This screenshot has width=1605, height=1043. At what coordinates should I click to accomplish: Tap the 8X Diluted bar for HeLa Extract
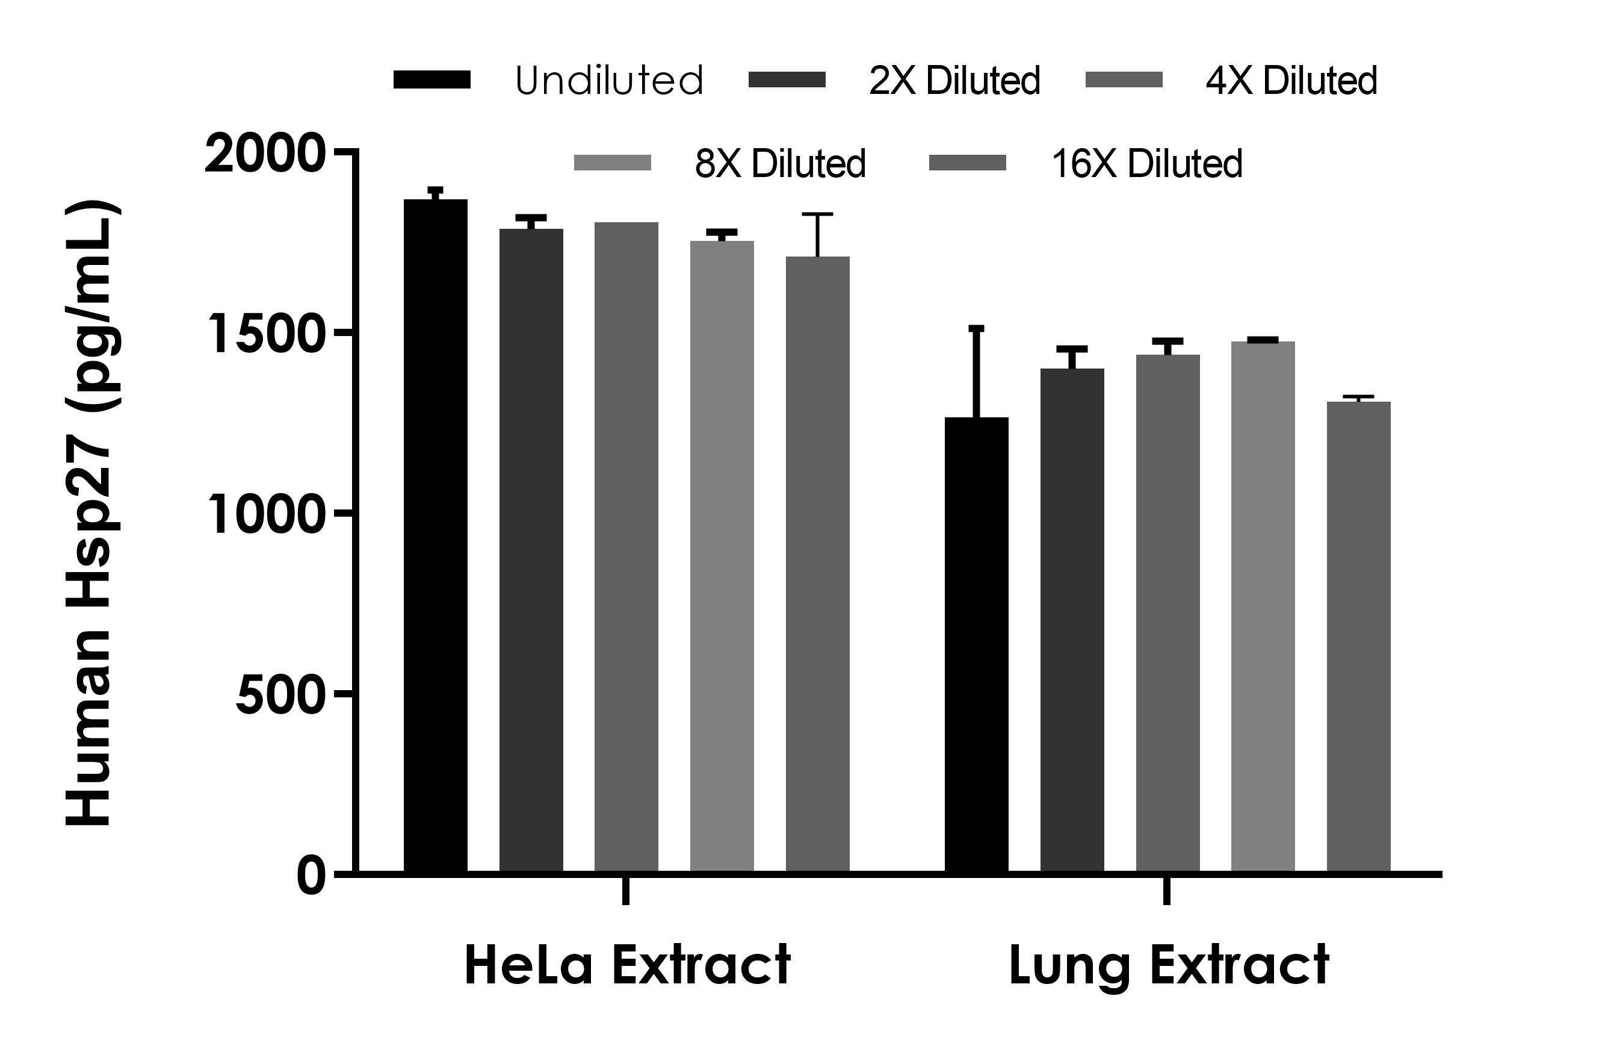click(722, 556)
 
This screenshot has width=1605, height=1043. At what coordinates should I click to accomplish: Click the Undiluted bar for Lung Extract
click(977, 644)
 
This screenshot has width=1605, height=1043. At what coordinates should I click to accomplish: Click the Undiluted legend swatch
click(431, 79)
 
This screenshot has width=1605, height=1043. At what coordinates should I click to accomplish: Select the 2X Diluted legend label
click(954, 81)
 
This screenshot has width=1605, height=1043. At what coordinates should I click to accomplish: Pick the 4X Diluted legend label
click(1291, 81)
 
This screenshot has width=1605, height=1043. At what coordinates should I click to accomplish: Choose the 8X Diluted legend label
click(779, 164)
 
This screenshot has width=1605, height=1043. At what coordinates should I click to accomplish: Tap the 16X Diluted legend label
click(1146, 164)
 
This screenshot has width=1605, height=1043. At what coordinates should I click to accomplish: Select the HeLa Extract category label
click(627, 965)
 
